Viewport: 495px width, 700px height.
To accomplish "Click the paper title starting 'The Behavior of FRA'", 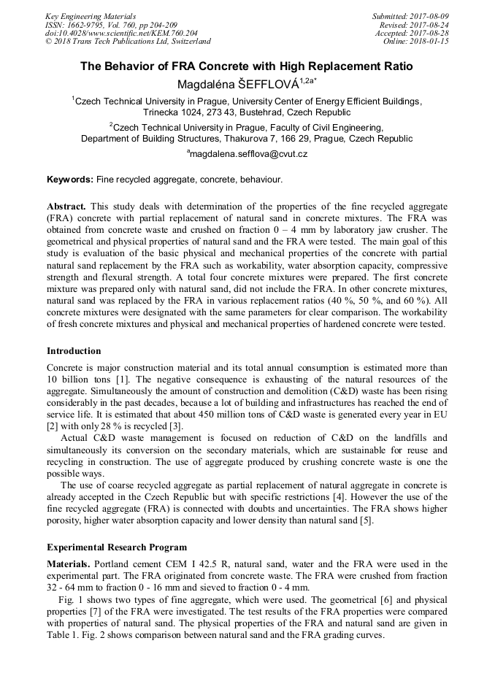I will tap(247, 66).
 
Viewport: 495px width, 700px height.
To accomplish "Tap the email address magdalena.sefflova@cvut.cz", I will tap(247, 154).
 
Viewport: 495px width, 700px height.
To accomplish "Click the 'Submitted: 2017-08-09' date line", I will tap(410, 16).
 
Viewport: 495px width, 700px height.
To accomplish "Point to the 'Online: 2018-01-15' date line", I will tap(415, 42).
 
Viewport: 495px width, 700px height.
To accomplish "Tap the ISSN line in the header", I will tap(111, 25).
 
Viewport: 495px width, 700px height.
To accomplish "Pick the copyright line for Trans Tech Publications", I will tap(128, 42).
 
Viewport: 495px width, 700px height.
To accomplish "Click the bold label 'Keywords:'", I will tap(70, 179).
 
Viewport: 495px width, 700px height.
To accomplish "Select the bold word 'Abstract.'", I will tap(66, 207).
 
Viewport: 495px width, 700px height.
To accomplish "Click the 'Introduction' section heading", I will tap(74, 351).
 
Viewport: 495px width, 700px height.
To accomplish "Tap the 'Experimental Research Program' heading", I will tap(116, 547).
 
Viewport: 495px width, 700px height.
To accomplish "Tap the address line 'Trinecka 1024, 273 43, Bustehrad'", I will tap(247, 112).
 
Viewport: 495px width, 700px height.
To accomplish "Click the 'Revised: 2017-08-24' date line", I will tap(414, 25).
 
